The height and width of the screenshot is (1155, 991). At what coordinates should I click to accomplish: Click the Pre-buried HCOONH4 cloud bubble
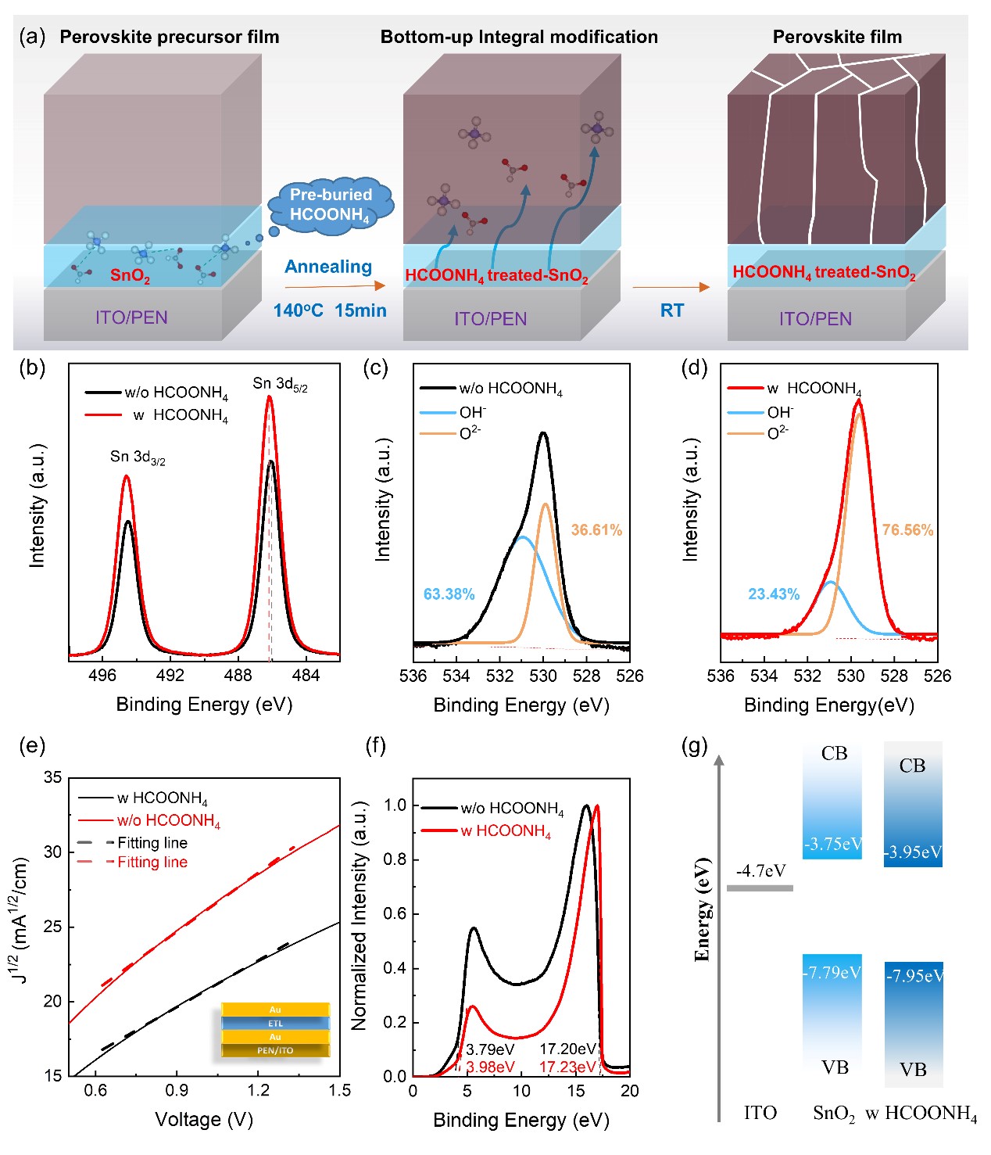click(x=331, y=205)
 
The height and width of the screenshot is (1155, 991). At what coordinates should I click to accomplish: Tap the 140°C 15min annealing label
click(x=330, y=310)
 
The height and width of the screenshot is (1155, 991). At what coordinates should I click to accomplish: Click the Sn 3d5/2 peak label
click(x=280, y=384)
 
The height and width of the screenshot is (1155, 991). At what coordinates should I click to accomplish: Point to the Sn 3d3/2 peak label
click(x=138, y=457)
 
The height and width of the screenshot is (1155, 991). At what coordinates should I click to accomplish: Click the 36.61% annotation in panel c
click(x=596, y=530)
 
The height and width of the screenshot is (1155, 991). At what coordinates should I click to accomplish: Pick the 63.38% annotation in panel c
click(x=449, y=594)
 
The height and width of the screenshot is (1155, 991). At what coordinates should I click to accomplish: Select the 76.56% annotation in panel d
click(x=907, y=530)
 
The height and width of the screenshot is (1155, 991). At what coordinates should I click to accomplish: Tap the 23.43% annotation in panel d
click(x=774, y=594)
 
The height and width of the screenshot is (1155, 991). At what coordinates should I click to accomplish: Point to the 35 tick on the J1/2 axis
click(x=53, y=777)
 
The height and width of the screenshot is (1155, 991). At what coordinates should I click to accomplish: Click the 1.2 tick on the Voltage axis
click(x=258, y=1090)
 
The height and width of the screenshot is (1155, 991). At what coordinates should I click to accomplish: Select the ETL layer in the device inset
click(x=275, y=1024)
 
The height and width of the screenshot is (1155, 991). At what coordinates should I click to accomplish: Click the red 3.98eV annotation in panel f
click(x=490, y=1067)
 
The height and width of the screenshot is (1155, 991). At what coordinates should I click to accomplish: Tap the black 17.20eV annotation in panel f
click(x=567, y=1049)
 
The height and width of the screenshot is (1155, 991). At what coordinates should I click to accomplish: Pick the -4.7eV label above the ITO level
click(x=760, y=871)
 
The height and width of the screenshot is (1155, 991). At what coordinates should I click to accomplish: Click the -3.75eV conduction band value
click(x=833, y=844)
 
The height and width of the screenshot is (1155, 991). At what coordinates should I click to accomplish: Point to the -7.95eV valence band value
click(x=914, y=976)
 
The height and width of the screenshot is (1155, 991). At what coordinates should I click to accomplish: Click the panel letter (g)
click(x=695, y=746)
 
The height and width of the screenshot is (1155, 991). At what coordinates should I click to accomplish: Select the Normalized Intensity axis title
click(x=360, y=915)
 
